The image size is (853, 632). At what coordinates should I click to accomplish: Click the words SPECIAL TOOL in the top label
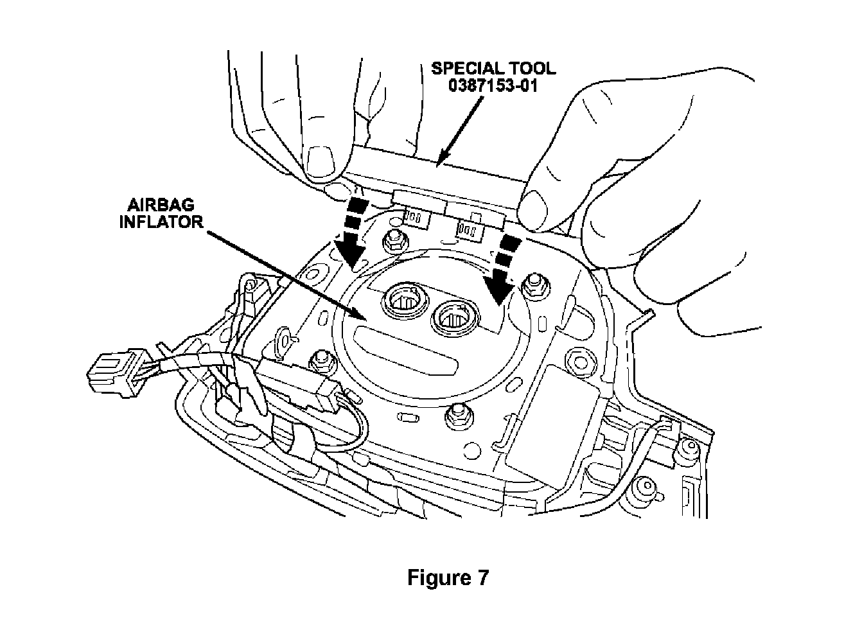click(x=493, y=68)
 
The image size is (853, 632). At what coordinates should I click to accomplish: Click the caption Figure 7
click(x=448, y=577)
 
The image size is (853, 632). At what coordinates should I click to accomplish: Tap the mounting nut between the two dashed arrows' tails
click(x=392, y=241)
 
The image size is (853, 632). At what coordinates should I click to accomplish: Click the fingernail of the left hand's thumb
click(x=321, y=162)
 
